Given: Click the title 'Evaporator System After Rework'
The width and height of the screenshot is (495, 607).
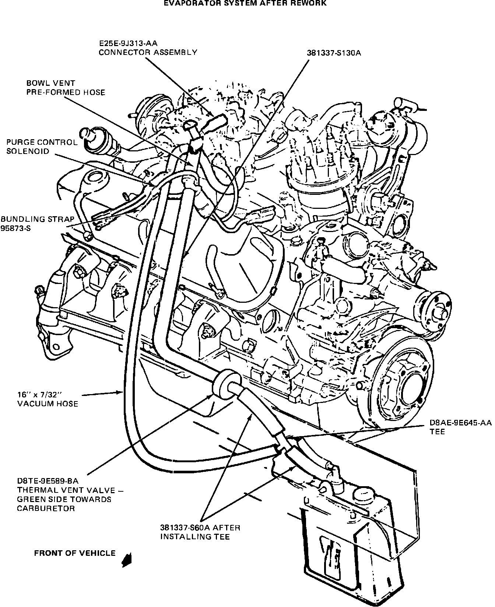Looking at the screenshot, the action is pos(245,3).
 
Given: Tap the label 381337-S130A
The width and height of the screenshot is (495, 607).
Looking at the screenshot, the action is pos(334,53).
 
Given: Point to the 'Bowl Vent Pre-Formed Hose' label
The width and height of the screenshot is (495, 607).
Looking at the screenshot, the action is pos(66,88).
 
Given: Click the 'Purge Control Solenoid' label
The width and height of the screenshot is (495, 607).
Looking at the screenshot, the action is pos(42,147).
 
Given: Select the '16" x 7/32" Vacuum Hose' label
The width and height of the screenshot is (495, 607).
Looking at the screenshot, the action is pos(48,399).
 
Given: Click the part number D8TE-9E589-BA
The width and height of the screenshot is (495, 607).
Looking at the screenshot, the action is pos(48,481).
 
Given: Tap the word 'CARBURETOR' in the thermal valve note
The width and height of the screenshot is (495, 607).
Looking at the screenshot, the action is pos(46,509).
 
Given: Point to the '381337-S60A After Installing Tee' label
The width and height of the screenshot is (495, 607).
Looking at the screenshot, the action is pos(200,532).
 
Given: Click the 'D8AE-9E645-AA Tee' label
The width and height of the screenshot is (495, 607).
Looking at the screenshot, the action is pos(460,427).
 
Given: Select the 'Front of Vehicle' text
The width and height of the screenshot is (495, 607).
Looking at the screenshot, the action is pos(75,553).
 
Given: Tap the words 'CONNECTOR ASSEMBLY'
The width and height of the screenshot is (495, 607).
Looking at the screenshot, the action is pos(148,52).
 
